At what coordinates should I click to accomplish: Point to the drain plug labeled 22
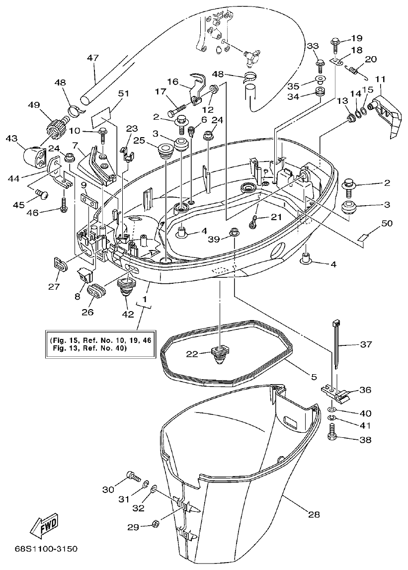pos(219,354)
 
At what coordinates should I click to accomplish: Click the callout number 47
pos(93,58)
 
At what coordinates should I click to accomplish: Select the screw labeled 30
pos(134,477)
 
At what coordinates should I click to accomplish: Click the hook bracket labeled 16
pos(198,87)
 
